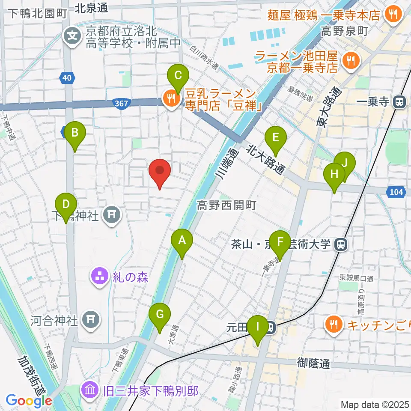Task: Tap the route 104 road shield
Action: click(x=396, y=192)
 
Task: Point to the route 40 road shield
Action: click(x=66, y=78)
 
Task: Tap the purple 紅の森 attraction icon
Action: click(x=100, y=276)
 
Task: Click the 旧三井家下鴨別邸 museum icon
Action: click(x=90, y=390)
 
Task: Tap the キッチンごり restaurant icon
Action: click(x=334, y=324)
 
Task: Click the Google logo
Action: click(x=29, y=401)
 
